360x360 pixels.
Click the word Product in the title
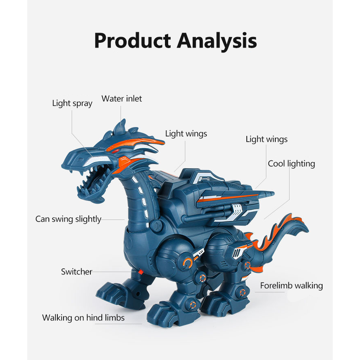point(132,41)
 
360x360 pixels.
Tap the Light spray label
point(72,103)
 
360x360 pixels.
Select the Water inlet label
point(122,99)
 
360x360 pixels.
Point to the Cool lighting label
point(291,164)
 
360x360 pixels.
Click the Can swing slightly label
point(68,219)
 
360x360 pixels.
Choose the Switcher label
point(77,272)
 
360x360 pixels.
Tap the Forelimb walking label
point(291,286)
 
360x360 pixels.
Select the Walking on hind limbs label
point(83,318)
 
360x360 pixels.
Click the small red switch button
point(139,271)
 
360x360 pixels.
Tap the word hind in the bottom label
point(94,318)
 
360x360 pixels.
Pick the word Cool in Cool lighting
point(277,164)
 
